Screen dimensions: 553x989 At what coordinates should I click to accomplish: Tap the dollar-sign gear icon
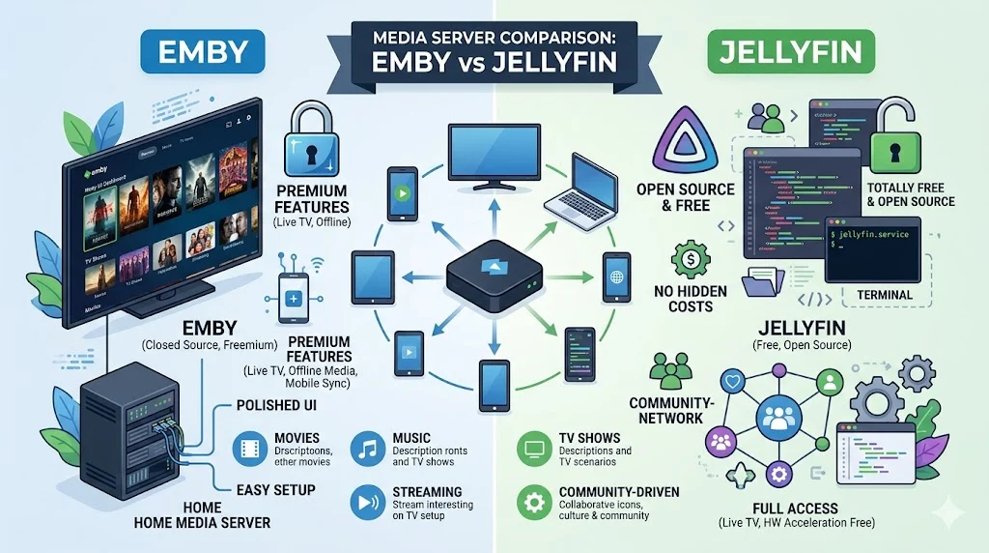(690, 261)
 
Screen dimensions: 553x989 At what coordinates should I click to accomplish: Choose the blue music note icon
(367, 448)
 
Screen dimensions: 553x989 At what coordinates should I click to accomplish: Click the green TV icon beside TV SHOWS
(532, 448)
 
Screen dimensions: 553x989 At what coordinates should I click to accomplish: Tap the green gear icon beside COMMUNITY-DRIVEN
(532, 502)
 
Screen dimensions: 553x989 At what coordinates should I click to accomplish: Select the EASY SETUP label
(275, 489)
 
